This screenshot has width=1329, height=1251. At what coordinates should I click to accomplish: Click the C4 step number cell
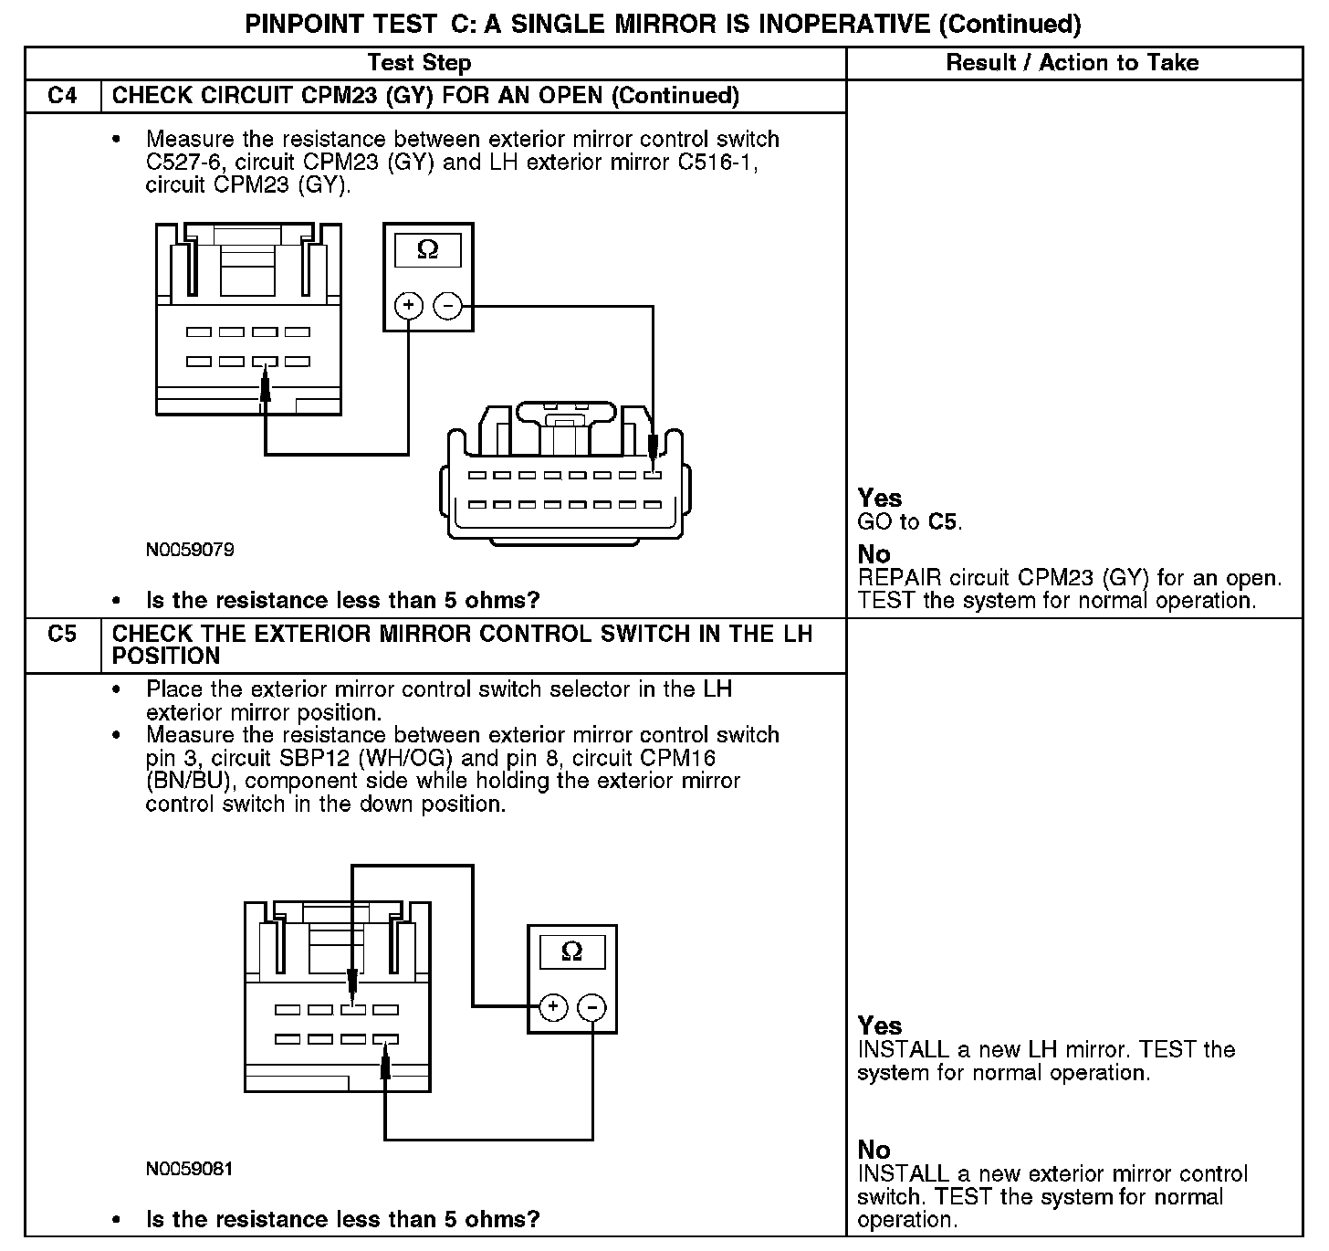[62, 96]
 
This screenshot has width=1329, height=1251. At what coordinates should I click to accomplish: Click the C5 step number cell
[62, 634]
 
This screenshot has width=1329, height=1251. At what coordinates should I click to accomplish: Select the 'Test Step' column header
[419, 63]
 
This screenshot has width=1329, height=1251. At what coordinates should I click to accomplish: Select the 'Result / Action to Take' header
[1073, 63]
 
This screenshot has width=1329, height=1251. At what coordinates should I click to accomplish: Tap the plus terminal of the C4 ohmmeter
[409, 306]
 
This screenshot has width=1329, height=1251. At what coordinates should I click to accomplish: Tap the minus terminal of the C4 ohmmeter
[447, 306]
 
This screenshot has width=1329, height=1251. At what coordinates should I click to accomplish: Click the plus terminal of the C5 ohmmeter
[553, 1007]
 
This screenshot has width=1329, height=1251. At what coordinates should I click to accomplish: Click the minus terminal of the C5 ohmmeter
[592, 1007]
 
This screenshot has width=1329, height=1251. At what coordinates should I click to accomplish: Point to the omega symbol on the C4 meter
[427, 249]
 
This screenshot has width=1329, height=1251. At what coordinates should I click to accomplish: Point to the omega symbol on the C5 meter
[571, 951]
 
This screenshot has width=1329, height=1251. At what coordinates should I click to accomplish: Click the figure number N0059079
[190, 550]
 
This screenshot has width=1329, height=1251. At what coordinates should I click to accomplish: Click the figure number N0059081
[190, 1169]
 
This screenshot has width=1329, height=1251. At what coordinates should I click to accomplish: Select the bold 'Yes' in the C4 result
[880, 498]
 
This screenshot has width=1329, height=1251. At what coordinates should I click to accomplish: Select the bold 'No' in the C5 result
[874, 1149]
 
